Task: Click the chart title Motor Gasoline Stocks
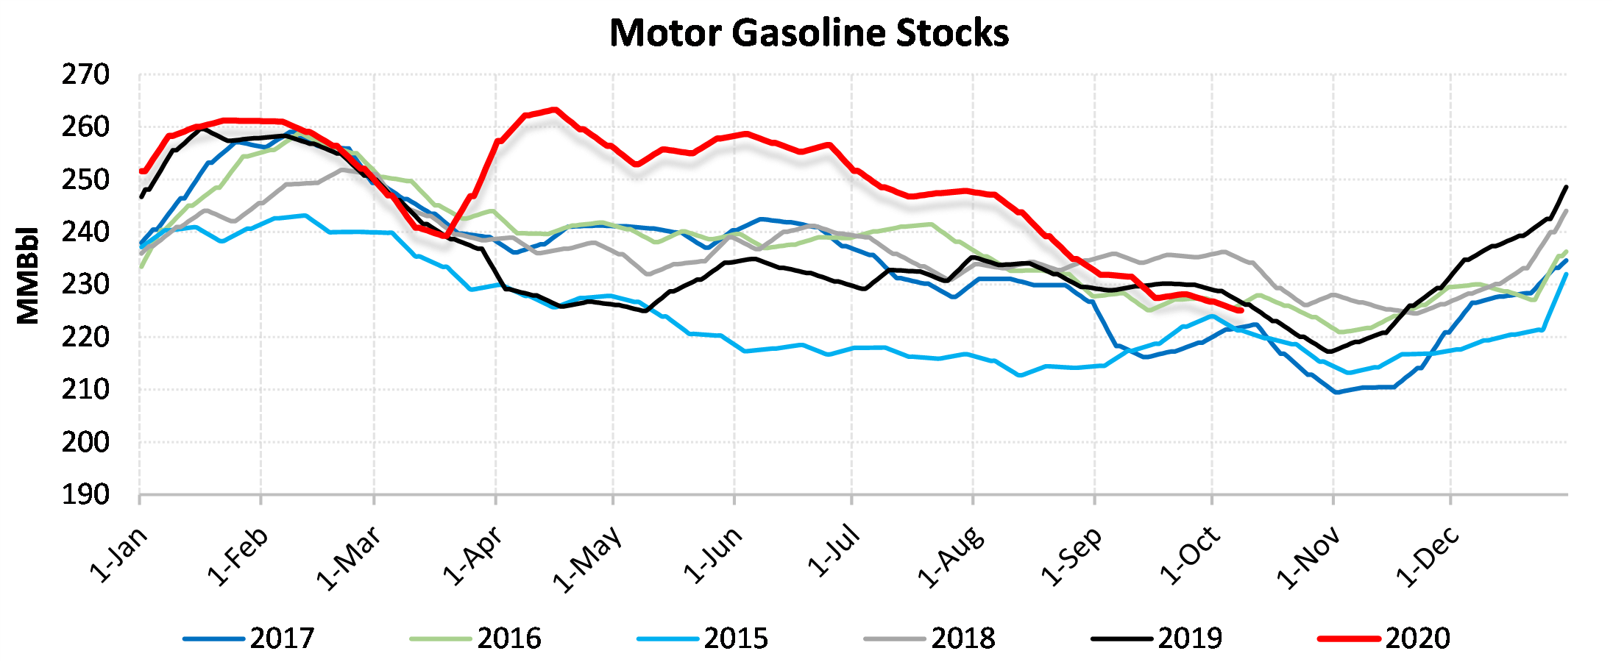pos(809,33)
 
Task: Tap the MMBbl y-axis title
pos(28,275)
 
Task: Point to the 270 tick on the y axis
pos(85,75)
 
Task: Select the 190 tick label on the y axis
pos(85,495)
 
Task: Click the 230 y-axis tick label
pos(85,285)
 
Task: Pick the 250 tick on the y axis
pos(85,180)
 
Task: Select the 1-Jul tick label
pos(833,552)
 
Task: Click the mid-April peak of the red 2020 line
pos(554,110)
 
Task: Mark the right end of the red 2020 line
pos(1241,310)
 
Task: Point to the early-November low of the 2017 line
pos(1336,392)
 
